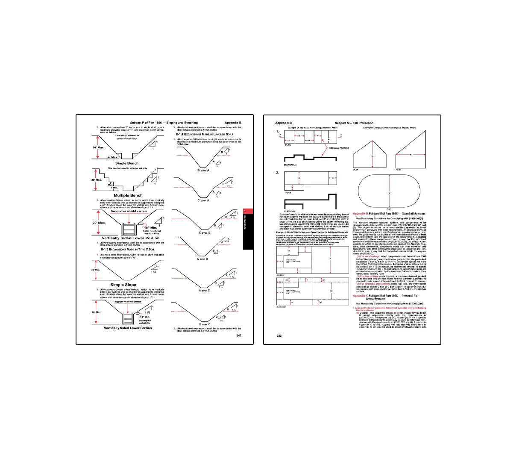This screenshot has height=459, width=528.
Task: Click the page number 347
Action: pyautogui.click(x=238, y=335)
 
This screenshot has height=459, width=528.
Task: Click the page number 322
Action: pyautogui.click(x=279, y=335)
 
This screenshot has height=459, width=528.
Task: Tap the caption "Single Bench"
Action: pyautogui.click(x=126, y=163)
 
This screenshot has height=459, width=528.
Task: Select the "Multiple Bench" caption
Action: pyautogui.click(x=128, y=195)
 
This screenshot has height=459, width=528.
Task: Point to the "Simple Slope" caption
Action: pyautogui.click(x=123, y=285)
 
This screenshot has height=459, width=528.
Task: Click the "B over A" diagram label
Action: pyautogui.click(x=203, y=171)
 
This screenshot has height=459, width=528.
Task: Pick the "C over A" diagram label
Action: pyautogui.click(x=203, y=200)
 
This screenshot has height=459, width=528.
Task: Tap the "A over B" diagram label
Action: pyautogui.click(x=202, y=259)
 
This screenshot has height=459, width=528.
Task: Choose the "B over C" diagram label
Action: pyautogui.click(x=205, y=324)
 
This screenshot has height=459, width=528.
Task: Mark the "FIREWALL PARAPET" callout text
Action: pyautogui.click(x=339, y=148)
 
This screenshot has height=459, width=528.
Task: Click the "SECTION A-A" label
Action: pyautogui.click(x=290, y=165)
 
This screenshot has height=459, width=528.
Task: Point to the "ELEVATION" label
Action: pyautogui.click(x=290, y=212)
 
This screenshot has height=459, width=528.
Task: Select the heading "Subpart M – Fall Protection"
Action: pyautogui.click(x=354, y=123)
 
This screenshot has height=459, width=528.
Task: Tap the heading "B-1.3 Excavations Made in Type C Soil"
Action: pyautogui.click(x=127, y=249)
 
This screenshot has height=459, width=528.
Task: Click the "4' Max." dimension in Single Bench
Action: pyautogui.click(x=113, y=157)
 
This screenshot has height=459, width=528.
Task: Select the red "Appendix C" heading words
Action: pyautogui.click(x=360, y=296)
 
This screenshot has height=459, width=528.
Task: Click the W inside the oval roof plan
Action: pyautogui.click(x=389, y=193)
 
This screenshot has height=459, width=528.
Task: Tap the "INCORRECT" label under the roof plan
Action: pyautogui.click(x=281, y=307)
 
